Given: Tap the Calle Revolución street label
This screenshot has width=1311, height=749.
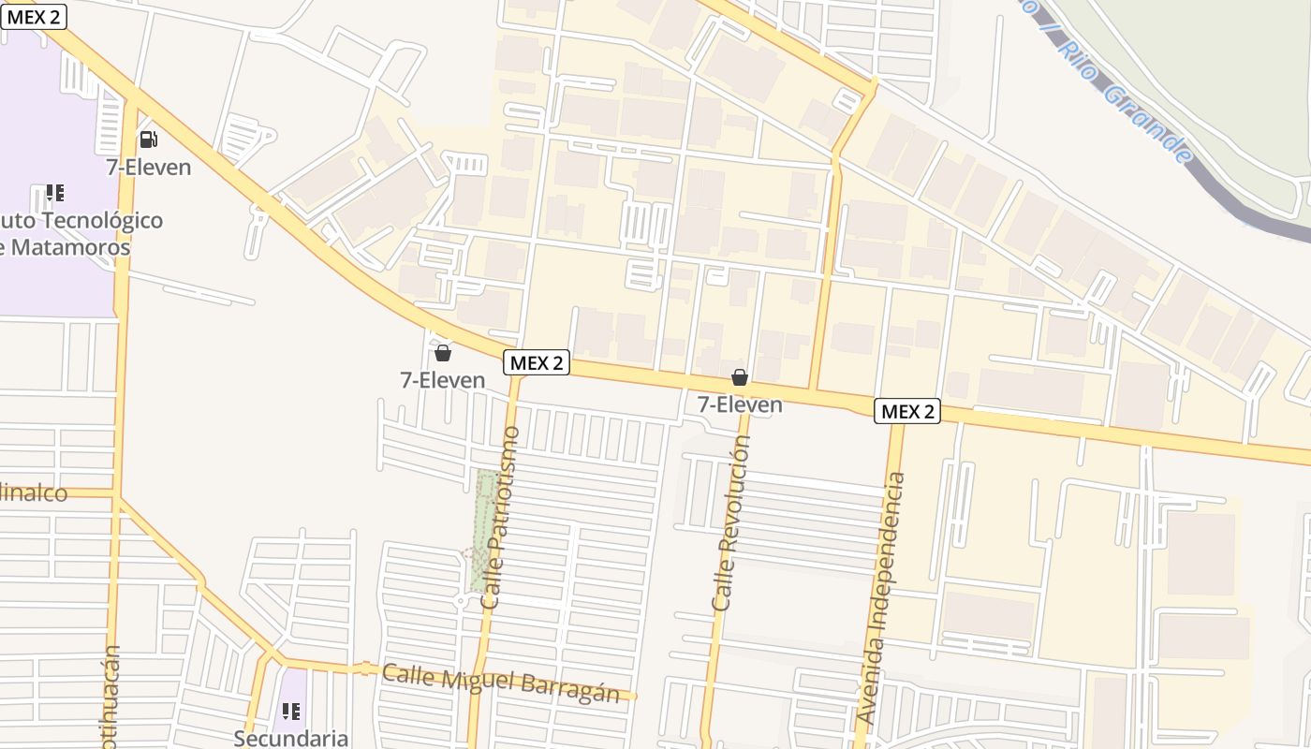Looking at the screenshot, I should tap(730, 524).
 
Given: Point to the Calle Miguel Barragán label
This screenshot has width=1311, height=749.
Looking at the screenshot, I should tap(501, 683).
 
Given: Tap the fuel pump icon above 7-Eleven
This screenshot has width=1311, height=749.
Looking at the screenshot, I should tap(148, 140).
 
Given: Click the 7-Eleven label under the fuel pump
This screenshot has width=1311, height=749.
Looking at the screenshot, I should tap(148, 168).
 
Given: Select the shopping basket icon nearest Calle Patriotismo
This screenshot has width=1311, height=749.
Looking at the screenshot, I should tap(443, 353).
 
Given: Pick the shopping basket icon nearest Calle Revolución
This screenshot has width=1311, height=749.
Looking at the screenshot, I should tap(740, 377).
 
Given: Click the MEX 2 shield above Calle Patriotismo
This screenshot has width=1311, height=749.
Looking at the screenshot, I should tap(537, 362).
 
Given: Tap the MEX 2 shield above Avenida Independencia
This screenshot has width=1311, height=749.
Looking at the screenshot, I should tap(907, 410).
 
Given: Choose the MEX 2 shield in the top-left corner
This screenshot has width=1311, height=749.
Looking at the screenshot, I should tap(34, 16).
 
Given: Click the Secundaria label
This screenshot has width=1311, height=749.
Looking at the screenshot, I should tap(290, 738).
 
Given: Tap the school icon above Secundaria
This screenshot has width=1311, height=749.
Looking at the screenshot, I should tap(291, 712).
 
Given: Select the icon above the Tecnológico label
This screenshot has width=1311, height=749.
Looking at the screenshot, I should tap(55, 193).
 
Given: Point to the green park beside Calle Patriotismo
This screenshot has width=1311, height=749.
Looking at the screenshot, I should tap(485, 530).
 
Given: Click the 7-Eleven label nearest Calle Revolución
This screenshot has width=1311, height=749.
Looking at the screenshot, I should tap(740, 404).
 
